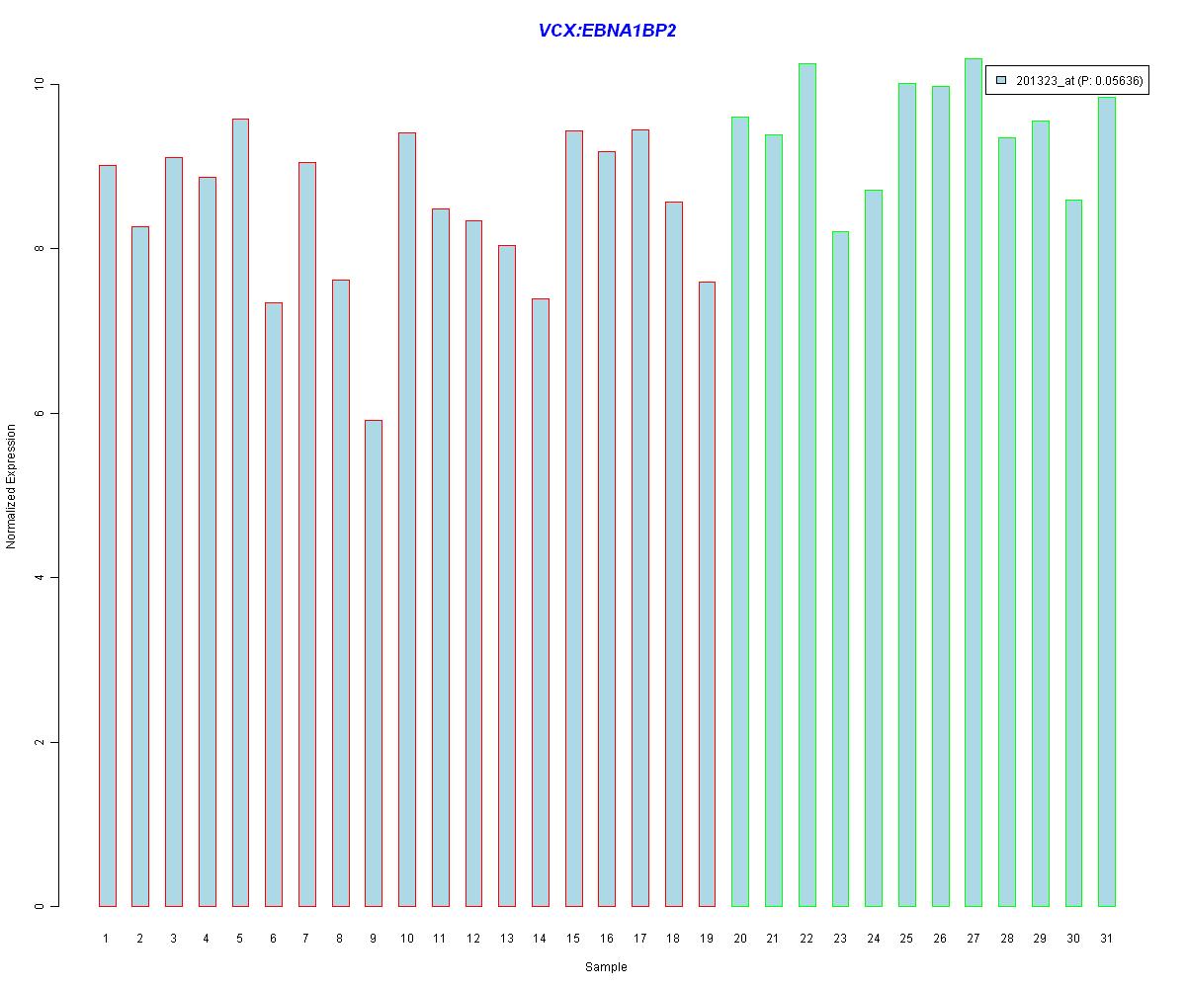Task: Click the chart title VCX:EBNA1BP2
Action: pyautogui.click(x=607, y=31)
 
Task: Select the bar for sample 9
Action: pyautogui.click(x=374, y=663)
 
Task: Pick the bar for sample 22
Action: pyautogui.click(x=806, y=484)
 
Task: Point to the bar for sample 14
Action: pyautogui.click(x=541, y=602)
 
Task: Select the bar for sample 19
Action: pyautogui.click(x=707, y=594)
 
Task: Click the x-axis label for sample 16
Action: pyautogui.click(x=607, y=938)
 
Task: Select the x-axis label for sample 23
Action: pyautogui.click(x=840, y=938)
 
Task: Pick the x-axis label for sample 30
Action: pyautogui.click(x=1073, y=938)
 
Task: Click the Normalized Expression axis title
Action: pyautogui.click(x=12, y=486)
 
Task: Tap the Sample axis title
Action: pyautogui.click(x=606, y=967)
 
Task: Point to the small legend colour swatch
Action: pyautogui.click(x=1001, y=80)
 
